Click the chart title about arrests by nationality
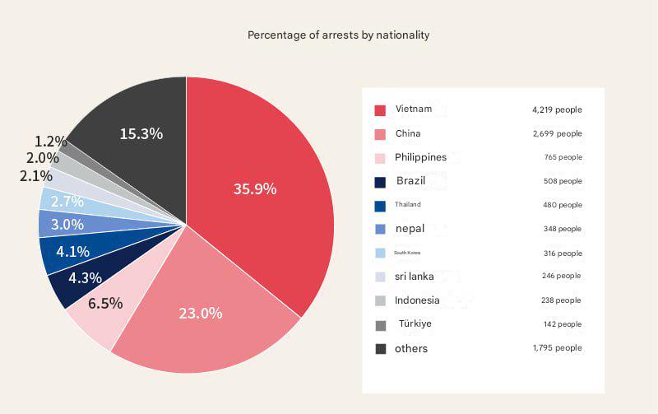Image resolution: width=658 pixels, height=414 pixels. point(338,35)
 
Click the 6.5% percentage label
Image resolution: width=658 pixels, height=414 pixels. point(105,303)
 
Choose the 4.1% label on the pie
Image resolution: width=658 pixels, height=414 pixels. point(72,251)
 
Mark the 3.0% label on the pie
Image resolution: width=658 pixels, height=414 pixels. point(67,224)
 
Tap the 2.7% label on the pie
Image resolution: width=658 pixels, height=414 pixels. point(67,201)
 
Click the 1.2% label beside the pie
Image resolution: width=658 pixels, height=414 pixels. point(50,142)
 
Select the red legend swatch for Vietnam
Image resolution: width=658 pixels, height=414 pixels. point(380,110)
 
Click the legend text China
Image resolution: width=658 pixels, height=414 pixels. point(408,133)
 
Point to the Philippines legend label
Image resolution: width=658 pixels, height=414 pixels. point(420,157)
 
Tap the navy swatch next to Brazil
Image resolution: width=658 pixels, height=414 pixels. point(380,182)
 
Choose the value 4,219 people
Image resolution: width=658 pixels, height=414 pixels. point(557,109)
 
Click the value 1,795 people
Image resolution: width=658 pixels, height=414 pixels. point(557,348)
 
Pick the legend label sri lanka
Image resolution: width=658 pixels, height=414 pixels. point(414,277)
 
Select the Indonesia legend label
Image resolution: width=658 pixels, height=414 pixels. point(417,300)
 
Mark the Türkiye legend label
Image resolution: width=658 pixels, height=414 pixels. point(415,323)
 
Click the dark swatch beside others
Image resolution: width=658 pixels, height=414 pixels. point(380,349)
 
